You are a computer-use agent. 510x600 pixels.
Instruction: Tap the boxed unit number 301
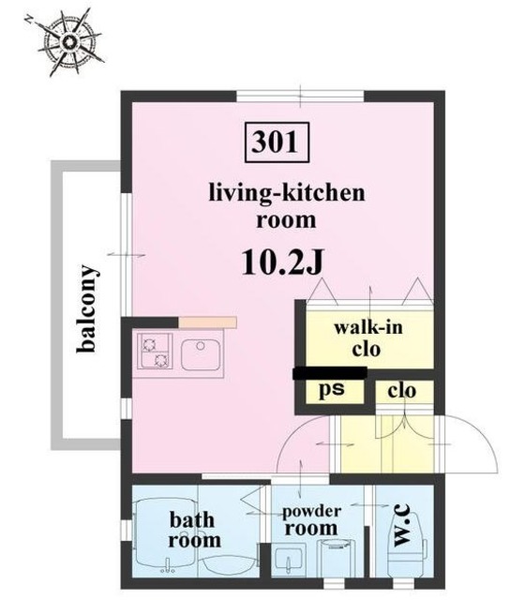277,142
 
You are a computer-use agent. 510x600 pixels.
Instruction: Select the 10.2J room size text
283,262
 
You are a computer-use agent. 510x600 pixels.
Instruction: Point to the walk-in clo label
368,338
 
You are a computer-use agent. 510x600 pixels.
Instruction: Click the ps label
332,389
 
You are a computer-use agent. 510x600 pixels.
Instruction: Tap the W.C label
402,525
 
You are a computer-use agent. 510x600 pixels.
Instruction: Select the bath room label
194,530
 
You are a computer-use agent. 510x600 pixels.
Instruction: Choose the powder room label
311,520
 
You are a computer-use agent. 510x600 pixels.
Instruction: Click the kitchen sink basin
201,354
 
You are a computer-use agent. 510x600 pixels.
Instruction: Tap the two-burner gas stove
155,351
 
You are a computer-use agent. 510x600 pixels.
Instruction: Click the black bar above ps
330,373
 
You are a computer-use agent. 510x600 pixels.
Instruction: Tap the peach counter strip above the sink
207,322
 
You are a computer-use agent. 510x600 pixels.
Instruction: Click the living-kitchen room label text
287,206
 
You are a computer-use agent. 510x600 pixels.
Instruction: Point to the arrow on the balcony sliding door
127,254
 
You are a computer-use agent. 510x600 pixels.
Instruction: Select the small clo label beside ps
401,391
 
